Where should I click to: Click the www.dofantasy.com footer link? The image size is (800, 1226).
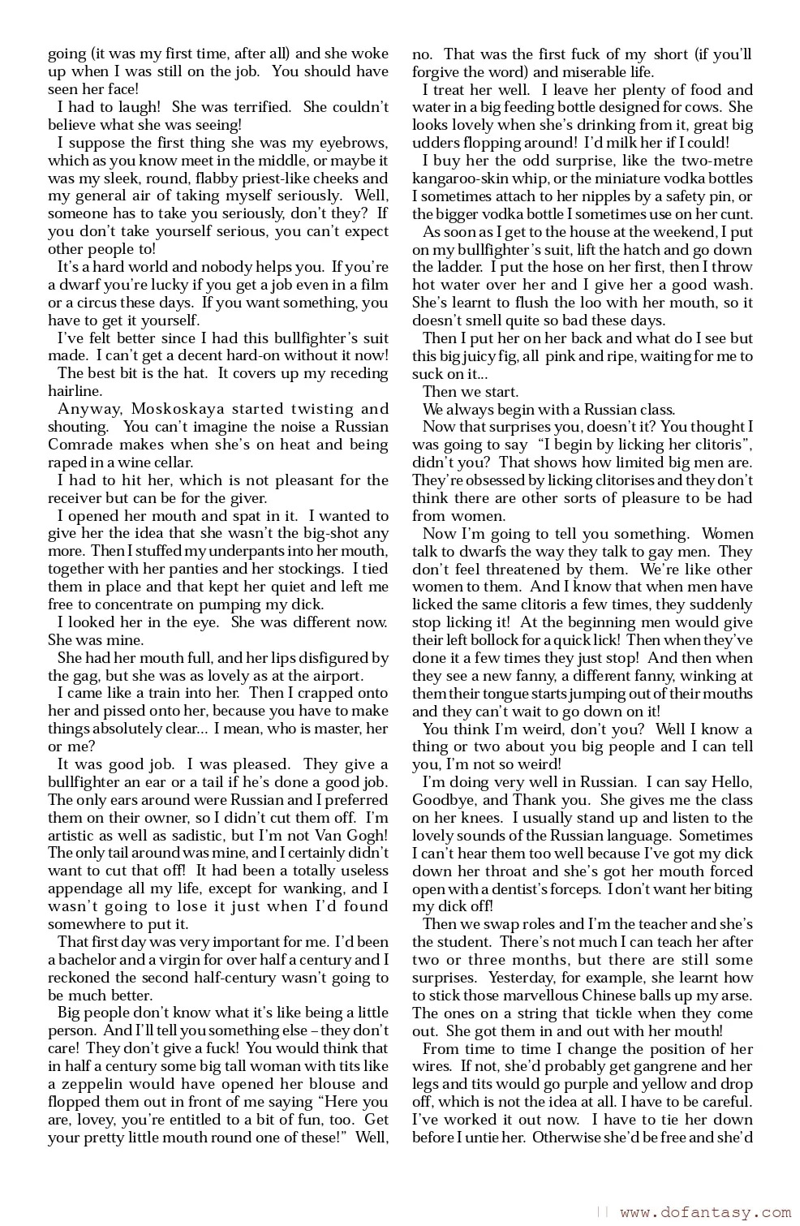(704, 1213)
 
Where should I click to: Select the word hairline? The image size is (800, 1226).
(74, 391)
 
